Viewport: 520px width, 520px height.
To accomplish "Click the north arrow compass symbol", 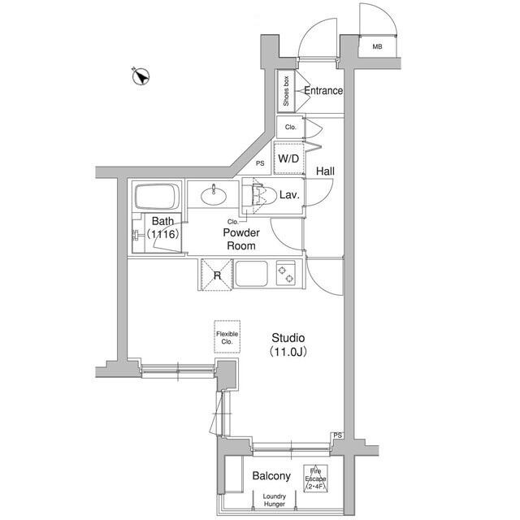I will coord(140,77).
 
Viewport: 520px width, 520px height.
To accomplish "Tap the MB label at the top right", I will coord(377,47).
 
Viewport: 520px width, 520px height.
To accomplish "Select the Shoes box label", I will coord(287,91).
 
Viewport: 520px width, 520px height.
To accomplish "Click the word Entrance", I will coord(323,91).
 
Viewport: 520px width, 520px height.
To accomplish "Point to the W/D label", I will coord(288,158).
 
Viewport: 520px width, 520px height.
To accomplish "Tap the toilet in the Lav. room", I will coord(261,196).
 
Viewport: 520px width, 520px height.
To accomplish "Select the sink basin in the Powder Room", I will coord(216,193).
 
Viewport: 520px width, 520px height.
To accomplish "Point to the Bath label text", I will coord(162,221).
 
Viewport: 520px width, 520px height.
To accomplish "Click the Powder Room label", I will coord(240,239).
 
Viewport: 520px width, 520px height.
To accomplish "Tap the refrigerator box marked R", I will coord(216,275).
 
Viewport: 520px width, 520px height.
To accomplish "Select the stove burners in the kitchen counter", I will coord(286,273).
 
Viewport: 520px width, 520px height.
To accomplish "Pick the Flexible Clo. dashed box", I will coord(227,336).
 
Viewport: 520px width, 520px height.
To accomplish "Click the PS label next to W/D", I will coord(261,163).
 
